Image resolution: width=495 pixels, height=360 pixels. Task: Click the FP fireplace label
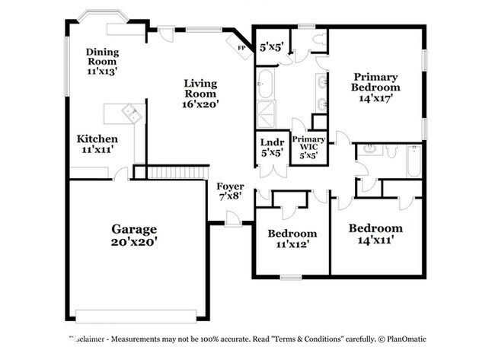(x=241, y=48)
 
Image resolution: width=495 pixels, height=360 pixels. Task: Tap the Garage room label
(x=134, y=229)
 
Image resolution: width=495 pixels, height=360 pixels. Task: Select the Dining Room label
(x=102, y=56)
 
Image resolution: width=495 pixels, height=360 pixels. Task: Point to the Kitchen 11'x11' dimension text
(x=97, y=149)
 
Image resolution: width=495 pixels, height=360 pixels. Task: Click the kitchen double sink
(x=133, y=113)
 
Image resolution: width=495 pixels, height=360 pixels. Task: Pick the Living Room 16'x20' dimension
(x=200, y=104)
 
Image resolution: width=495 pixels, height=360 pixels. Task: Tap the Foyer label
(x=230, y=186)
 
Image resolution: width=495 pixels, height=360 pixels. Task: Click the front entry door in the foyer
(x=233, y=218)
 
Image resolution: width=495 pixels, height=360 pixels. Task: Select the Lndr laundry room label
(x=272, y=142)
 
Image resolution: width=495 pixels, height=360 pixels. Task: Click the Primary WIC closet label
(x=308, y=143)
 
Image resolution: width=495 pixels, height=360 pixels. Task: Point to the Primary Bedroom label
(x=375, y=81)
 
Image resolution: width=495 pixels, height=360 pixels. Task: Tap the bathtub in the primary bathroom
(x=264, y=83)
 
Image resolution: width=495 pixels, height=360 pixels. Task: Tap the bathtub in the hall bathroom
(x=414, y=161)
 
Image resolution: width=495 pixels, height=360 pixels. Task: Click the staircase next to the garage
(x=177, y=173)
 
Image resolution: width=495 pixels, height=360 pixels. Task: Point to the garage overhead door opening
(x=136, y=316)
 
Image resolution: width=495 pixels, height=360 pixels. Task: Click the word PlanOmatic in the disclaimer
(x=407, y=339)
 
